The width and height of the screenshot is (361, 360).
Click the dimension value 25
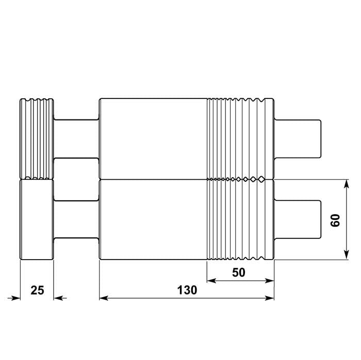(x=37, y=290)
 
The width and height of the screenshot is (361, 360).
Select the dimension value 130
(x=187, y=290)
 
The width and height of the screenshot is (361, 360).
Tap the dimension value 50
(x=239, y=272)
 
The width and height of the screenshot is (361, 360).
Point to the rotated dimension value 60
(x=335, y=220)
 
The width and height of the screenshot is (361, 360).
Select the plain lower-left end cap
(x=37, y=219)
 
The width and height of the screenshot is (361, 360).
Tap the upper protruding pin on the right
(x=299, y=138)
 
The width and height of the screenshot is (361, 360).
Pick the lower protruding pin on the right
(x=299, y=219)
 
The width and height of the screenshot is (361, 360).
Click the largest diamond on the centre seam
(x=261, y=179)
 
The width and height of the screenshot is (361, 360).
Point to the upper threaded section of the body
(x=240, y=138)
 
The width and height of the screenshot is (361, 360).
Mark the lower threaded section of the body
(x=240, y=219)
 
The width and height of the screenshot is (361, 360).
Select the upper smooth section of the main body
(x=153, y=138)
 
